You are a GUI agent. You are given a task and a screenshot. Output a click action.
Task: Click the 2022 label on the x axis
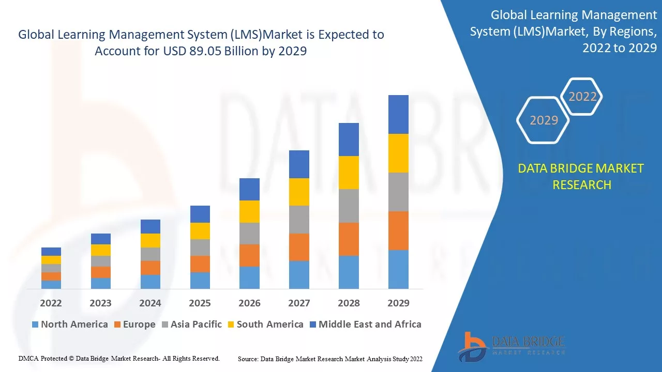pos(51,303)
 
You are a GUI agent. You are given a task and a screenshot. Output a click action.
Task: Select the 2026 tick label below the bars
pos(249,303)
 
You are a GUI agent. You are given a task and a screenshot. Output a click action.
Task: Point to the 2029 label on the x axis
pos(398,303)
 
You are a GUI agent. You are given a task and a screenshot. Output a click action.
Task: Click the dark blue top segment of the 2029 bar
pos(398,114)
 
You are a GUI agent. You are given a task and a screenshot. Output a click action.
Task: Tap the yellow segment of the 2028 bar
pos(349,173)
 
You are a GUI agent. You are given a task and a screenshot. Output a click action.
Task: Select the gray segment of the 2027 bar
pos(299,220)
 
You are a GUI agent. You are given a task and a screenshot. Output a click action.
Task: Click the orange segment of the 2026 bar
pos(249,255)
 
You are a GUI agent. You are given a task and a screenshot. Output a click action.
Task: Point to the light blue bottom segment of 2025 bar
pos(200,280)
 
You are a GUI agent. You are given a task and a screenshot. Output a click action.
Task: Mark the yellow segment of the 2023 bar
pos(100,250)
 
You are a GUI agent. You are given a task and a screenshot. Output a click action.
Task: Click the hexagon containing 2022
pos(582,97)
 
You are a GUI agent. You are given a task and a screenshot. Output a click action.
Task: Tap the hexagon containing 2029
pos(544,120)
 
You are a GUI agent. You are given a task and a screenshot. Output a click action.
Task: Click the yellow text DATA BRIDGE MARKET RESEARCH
pos(581,177)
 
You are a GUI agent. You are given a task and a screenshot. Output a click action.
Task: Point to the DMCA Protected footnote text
pos(119,358)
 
